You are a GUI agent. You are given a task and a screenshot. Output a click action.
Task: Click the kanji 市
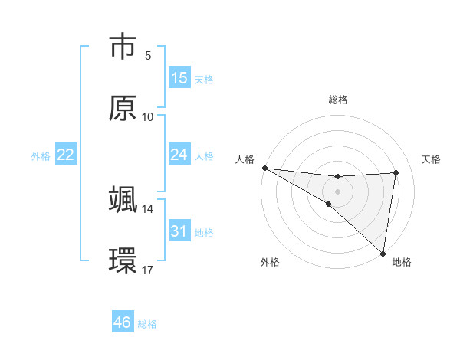123,47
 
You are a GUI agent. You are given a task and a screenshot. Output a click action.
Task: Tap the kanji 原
123,108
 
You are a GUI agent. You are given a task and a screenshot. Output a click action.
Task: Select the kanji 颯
123,200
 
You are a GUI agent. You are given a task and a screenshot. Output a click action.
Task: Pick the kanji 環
123,261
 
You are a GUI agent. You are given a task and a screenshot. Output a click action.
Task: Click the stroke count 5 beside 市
148,55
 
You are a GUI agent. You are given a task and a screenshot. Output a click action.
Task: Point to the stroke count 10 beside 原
148,116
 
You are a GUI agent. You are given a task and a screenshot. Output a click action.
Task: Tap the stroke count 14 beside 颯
148,208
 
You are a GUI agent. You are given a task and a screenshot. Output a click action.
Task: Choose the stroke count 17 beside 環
148,270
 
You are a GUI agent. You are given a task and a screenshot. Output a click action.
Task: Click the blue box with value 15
179,78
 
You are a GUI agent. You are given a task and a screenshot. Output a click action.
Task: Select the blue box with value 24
179,155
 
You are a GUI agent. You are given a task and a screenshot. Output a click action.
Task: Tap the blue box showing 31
179,231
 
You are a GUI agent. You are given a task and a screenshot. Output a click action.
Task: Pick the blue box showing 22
66,155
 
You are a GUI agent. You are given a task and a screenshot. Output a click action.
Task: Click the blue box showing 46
123,322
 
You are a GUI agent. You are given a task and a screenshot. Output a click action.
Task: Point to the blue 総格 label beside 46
147,324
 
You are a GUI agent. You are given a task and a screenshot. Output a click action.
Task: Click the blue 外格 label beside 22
41,156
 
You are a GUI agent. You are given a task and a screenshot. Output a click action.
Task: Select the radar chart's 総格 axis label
337,100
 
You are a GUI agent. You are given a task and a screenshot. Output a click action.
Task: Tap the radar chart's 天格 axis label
432,159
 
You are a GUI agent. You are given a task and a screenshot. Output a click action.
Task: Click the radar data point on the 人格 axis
264,168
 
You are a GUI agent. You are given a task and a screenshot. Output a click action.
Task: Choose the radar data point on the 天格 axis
396,172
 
